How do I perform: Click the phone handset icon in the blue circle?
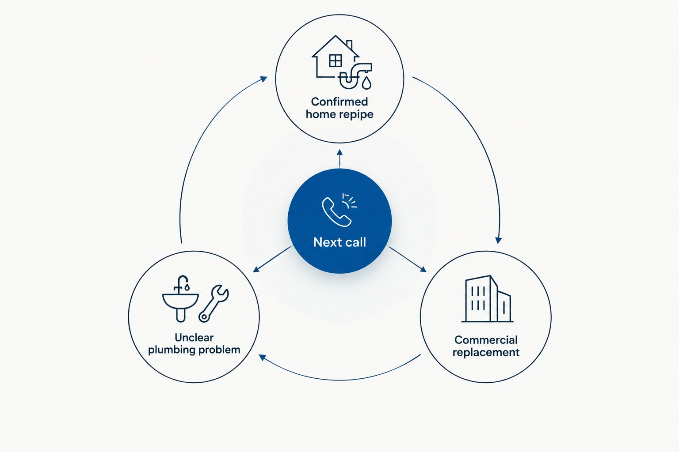pyautogui.click(x=336, y=212)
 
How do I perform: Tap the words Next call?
pyautogui.click(x=339, y=242)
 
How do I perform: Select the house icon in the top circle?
pyautogui.click(x=335, y=56)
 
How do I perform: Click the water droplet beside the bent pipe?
pyautogui.click(x=366, y=83)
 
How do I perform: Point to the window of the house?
pyautogui.click(x=336, y=60)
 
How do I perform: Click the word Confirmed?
pyautogui.click(x=339, y=102)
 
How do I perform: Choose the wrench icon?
pyautogui.click(x=214, y=303)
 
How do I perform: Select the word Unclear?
pyautogui.click(x=194, y=337)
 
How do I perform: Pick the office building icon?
pyautogui.click(x=487, y=299)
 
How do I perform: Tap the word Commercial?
pyautogui.click(x=486, y=340)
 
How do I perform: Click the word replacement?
pyautogui.click(x=486, y=353)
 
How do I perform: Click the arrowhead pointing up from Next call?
pyautogui.click(x=340, y=152)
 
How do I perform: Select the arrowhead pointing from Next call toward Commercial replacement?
pyautogui.click(x=423, y=269)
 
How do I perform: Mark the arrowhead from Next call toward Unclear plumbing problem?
pyautogui.click(x=256, y=269)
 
